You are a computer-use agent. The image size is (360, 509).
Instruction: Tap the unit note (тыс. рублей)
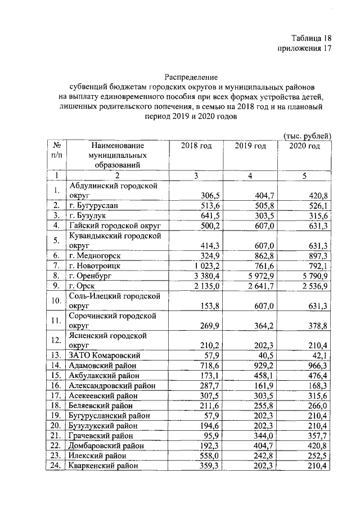click(307, 135)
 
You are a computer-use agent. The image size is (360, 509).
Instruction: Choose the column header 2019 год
click(250, 146)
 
